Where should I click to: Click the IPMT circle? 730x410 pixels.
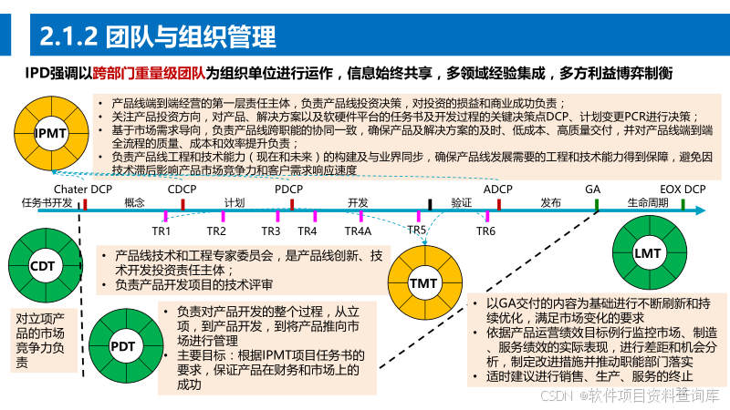pyautogui.click(x=50, y=135)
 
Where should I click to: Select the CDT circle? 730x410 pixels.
pyautogui.click(x=42, y=267)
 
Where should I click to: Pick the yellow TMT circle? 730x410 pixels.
pyautogui.click(x=423, y=284)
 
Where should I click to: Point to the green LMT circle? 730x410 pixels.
pyautogui.click(x=647, y=251)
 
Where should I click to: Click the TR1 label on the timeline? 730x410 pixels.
pyautogui.click(x=162, y=231)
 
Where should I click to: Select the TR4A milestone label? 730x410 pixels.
pyautogui.click(x=358, y=231)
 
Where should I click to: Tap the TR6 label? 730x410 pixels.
pyautogui.click(x=485, y=231)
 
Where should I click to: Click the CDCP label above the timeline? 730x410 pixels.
pyautogui.click(x=182, y=189)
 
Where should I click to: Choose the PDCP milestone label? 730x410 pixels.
pyautogui.click(x=288, y=189)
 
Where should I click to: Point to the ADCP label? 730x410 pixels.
pyautogui.click(x=498, y=189)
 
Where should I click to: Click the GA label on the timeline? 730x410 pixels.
pyautogui.click(x=593, y=189)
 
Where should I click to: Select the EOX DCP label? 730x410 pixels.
pyautogui.click(x=683, y=189)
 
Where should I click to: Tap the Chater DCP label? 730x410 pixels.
pyautogui.click(x=82, y=189)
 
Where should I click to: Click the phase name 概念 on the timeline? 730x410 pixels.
pyautogui.click(x=134, y=202)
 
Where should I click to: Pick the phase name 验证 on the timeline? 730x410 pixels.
pyautogui.click(x=461, y=202)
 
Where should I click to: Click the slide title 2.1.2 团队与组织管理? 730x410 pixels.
pyautogui.click(x=159, y=37)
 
